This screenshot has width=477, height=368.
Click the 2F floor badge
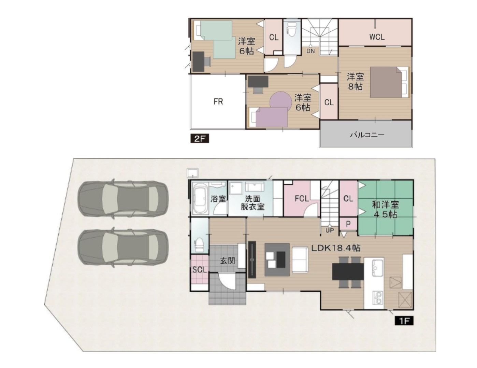(x=200, y=139)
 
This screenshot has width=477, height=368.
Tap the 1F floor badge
(x=404, y=321)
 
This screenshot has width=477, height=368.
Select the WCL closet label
(x=377, y=37)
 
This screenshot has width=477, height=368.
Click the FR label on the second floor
(x=218, y=102)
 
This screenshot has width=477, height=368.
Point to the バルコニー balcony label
(x=367, y=134)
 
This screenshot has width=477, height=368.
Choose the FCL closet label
(x=302, y=199)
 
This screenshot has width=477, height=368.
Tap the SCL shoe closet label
(x=200, y=270)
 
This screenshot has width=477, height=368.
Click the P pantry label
(x=348, y=224)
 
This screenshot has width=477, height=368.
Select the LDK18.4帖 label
(x=336, y=248)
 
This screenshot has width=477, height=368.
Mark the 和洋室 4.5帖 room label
(x=386, y=210)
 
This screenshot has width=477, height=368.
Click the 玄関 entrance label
(x=228, y=261)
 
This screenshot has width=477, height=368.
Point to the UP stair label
(x=330, y=230)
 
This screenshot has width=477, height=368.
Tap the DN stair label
(x=310, y=51)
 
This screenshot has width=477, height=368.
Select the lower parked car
(x=123, y=247)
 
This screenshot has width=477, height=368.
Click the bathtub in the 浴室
(x=200, y=199)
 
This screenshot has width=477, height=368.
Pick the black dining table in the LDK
(x=348, y=272)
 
